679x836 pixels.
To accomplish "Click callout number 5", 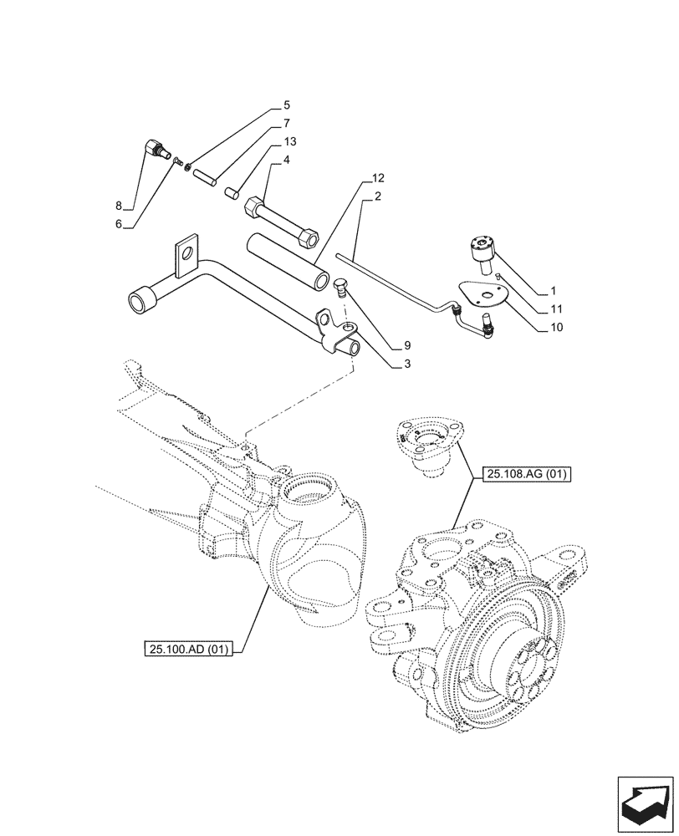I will (286, 106).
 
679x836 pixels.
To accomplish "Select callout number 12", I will (378, 179).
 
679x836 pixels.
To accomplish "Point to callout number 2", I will (378, 196).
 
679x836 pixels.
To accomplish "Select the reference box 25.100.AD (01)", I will (189, 648).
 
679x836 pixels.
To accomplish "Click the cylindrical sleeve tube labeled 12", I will (284, 261).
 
